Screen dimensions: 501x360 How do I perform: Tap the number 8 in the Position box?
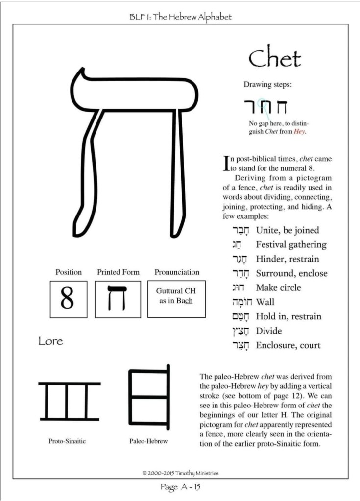(68, 298)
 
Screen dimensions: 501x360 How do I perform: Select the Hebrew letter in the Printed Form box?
(118, 298)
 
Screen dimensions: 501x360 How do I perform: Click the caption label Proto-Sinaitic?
(67, 441)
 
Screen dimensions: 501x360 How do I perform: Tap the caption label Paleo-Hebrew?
(148, 441)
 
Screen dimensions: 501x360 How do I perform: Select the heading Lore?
(50, 341)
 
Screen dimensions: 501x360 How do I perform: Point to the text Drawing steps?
(268, 84)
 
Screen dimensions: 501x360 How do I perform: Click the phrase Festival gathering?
(291, 244)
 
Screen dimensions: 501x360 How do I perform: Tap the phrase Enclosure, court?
(288, 345)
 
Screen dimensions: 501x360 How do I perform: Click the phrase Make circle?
(278, 287)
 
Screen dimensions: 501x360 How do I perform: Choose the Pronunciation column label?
(177, 272)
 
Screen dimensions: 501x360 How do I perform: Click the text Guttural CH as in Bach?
(176, 296)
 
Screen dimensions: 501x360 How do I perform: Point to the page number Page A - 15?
(181, 487)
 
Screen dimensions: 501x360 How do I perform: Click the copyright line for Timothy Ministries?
(180, 473)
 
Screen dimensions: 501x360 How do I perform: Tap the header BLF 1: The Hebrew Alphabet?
(180, 17)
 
